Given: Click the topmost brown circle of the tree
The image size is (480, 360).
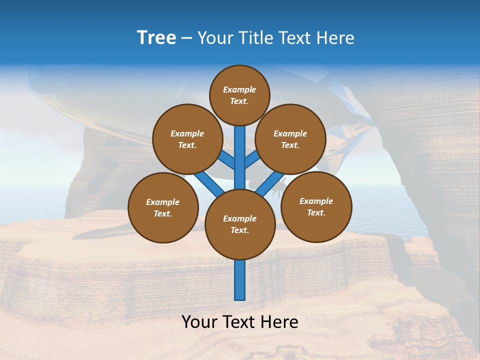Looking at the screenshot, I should click(239, 95).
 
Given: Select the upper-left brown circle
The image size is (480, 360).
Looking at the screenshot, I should click(187, 139).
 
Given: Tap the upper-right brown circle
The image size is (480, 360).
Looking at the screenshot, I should click(290, 139).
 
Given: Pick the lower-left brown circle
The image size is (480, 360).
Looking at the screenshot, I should click(163, 207).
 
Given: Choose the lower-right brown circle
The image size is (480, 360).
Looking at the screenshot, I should click(316, 206).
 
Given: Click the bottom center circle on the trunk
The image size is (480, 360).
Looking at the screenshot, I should click(240, 224).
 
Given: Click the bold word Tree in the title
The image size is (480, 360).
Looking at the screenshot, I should click(156, 37).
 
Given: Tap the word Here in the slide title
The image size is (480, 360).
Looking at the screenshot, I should click(336, 38).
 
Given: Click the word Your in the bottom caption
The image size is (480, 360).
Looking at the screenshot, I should click(199, 322).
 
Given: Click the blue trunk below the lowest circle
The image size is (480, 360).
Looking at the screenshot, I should click(240, 280).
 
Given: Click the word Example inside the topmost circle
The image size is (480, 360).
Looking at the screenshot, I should click(239, 89).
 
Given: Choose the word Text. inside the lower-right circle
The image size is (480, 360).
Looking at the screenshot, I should click(316, 212).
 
